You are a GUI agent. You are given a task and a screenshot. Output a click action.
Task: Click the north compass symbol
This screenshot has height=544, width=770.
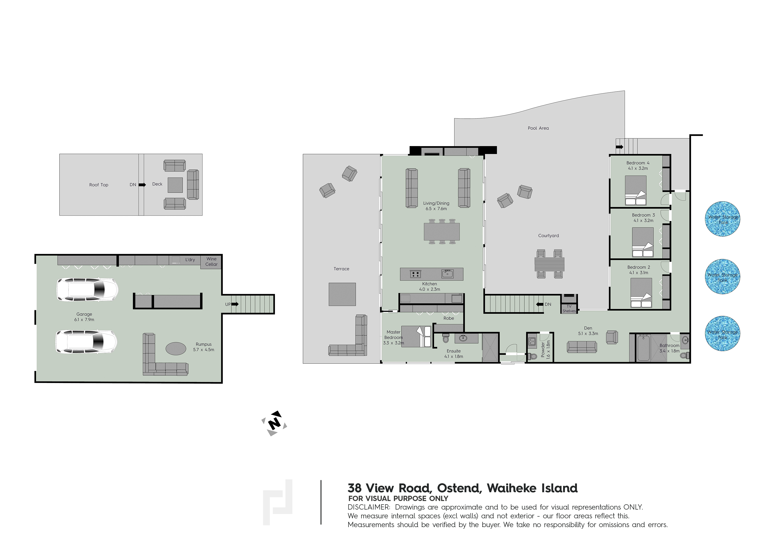tap(274, 423)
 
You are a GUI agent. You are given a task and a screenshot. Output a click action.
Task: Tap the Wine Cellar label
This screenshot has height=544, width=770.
tap(211, 261)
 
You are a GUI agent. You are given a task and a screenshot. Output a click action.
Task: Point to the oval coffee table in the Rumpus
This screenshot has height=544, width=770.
tap(176, 349)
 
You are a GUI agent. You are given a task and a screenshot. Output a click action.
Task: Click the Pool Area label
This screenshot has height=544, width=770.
tap(538, 128)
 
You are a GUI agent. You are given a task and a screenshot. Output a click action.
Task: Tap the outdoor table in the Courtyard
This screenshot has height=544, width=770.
tap(549, 264)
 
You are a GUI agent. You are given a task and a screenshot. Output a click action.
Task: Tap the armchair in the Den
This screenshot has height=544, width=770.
tap(612, 337)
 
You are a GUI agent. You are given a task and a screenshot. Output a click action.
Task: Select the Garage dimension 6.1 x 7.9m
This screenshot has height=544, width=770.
tap(84, 319)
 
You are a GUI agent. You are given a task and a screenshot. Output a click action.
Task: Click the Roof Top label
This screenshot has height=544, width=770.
tap(99, 185)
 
